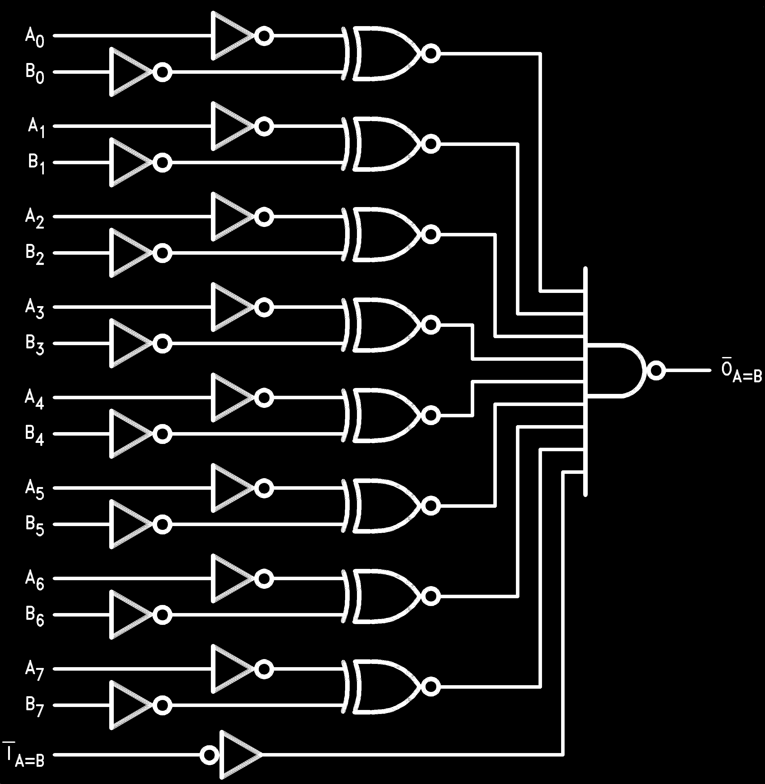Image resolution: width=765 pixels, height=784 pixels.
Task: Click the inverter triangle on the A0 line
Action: [231, 36]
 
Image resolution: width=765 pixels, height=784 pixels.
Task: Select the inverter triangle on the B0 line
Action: [129, 72]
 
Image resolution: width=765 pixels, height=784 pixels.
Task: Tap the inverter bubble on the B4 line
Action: [162, 434]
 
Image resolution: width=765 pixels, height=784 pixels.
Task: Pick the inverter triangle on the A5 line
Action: [231, 488]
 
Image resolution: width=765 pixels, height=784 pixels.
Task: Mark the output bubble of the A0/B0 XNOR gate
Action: [430, 54]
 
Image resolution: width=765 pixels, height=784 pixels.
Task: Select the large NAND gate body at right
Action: [615, 371]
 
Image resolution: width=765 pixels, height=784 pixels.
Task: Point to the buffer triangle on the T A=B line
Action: [239, 755]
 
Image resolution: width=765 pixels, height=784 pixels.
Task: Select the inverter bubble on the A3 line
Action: [264, 307]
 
